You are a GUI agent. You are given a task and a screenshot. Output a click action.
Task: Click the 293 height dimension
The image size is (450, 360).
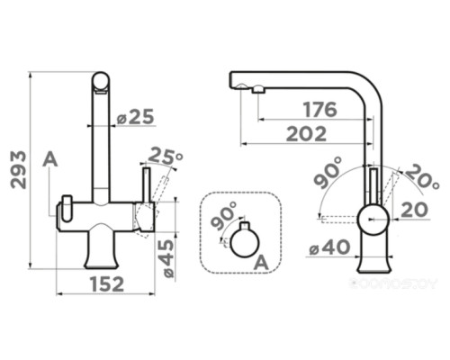point(18,170)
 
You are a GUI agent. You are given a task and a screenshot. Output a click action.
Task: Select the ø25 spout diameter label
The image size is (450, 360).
point(135,116)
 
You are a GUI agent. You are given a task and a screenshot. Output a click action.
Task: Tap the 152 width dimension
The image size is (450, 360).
point(107,283)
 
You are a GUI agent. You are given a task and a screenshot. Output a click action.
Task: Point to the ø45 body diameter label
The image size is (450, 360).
point(166,259)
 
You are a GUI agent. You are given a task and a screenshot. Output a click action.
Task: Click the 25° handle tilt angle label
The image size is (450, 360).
point(166,157)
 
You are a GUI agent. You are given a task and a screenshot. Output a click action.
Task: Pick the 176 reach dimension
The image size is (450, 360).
point(319,110)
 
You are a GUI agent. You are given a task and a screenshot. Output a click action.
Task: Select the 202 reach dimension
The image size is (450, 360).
point(306,134)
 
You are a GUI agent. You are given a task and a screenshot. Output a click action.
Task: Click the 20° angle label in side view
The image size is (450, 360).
point(423,176)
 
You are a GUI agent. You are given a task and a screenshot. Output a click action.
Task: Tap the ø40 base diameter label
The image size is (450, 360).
point(329,248)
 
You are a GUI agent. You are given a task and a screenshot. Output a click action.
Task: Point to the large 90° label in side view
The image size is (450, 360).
point(328,172)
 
